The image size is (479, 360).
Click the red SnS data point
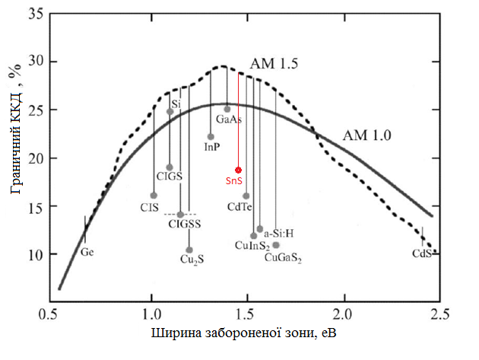tap(238, 170)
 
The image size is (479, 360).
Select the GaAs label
tap(229, 120)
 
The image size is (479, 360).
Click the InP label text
tap(212, 147)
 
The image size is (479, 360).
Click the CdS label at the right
tap(422, 253)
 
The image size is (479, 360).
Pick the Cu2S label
tap(192, 260)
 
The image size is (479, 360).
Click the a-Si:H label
tap(279, 234)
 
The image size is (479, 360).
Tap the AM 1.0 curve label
tap(367, 136)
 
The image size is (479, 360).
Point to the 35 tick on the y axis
tap(35, 13)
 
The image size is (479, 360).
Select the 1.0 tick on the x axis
tap(151, 314)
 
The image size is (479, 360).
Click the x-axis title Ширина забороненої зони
tap(244, 336)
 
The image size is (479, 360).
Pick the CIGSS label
tap(185, 223)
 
